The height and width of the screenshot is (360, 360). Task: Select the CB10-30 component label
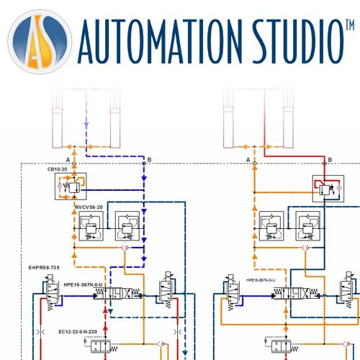pyautogui.click(x=58, y=171)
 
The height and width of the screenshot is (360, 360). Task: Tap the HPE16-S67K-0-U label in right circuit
pyautogui.click(x=265, y=281)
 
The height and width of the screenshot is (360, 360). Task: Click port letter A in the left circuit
pyautogui.click(x=67, y=158)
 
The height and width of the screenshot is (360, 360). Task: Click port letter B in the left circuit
pyautogui.click(x=148, y=158)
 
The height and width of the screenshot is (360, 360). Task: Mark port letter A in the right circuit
pyautogui.click(x=248, y=158)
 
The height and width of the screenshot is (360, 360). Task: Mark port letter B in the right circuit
pyautogui.click(x=330, y=158)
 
